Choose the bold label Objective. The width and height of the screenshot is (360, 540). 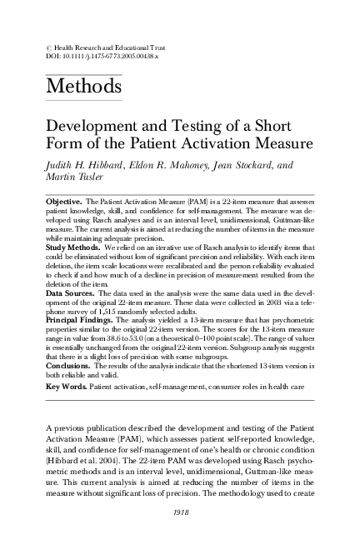(62, 202)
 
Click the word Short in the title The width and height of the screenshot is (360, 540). (269, 125)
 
